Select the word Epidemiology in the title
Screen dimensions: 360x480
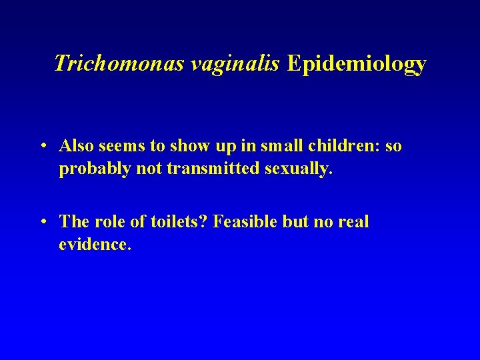click(357, 63)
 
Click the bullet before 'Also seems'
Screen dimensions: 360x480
click(43, 146)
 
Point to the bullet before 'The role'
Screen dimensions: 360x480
click(43, 222)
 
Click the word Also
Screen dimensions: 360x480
click(75, 146)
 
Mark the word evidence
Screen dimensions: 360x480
click(95, 245)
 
